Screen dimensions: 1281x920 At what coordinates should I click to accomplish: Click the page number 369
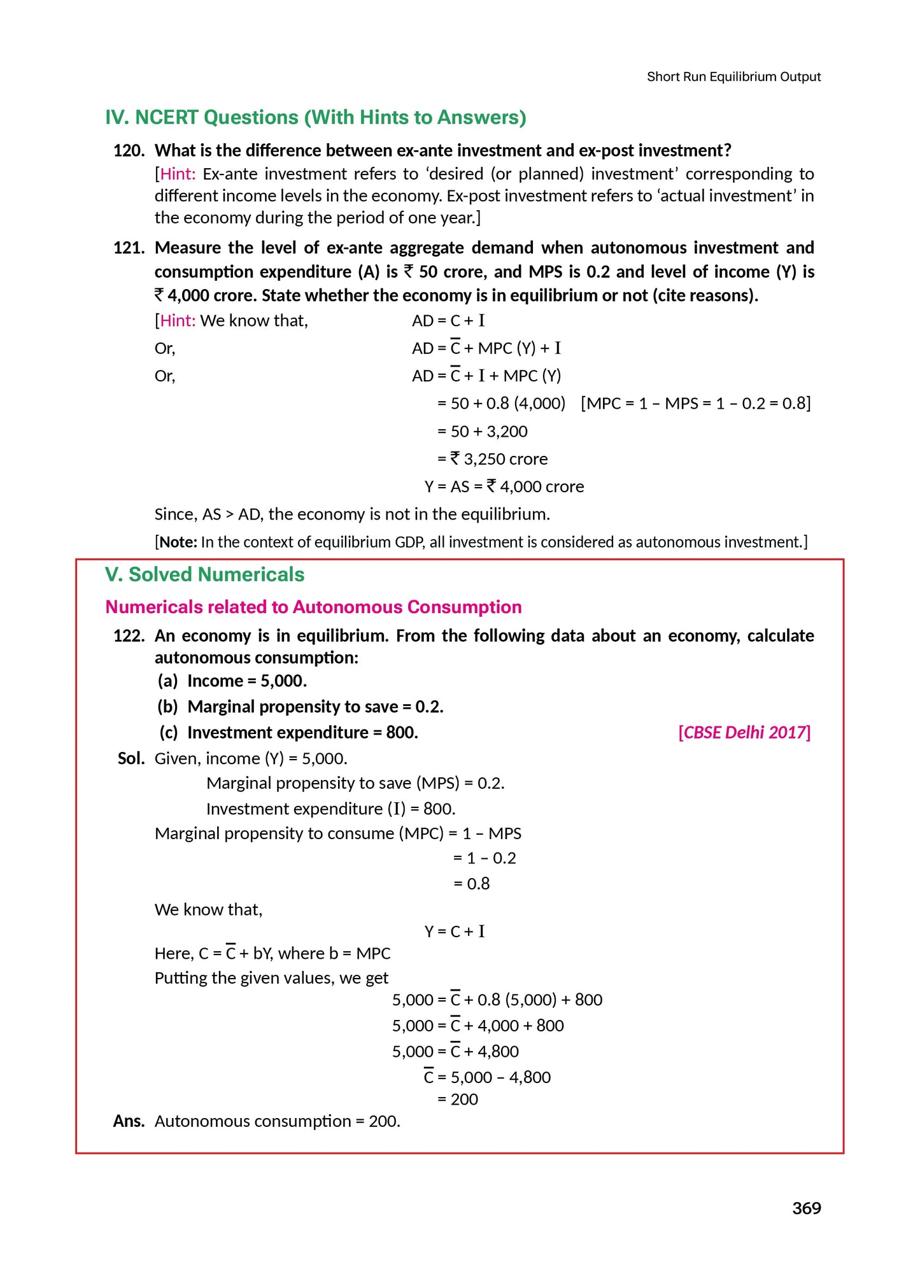806,1208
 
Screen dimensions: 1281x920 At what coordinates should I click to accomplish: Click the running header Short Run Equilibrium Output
733,77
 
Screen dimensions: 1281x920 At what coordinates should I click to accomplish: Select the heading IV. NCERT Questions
315,118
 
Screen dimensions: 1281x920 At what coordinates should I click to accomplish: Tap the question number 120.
129,151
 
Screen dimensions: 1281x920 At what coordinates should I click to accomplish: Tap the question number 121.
129,248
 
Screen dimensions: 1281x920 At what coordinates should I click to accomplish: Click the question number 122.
129,635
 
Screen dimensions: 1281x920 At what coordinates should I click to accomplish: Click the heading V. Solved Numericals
204,574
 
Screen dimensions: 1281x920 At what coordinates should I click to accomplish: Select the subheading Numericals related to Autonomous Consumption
313,607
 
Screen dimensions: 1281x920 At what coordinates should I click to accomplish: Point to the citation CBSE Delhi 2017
744,732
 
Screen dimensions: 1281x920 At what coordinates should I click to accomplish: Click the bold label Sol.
131,758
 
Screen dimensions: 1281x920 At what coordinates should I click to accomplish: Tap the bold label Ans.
129,1121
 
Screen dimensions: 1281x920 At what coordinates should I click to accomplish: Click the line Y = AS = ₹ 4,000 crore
504,486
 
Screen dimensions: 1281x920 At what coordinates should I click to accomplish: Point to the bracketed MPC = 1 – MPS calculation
695,404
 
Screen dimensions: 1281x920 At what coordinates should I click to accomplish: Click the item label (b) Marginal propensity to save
300,707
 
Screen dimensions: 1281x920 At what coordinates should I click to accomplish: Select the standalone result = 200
457,1099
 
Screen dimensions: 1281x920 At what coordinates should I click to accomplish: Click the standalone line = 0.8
471,884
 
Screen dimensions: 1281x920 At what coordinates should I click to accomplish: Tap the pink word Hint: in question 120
178,174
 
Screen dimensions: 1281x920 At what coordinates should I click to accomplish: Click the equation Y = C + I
455,931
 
